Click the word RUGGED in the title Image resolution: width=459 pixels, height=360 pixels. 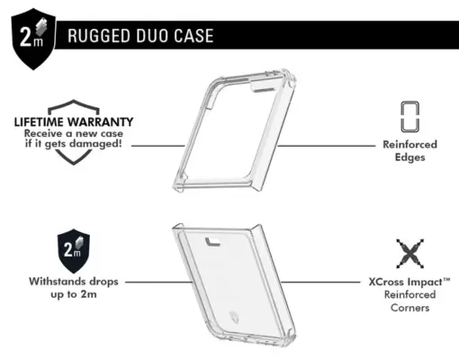tap(100, 36)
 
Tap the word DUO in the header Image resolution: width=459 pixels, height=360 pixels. tap(152, 36)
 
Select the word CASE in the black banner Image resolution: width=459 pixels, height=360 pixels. tap(193, 36)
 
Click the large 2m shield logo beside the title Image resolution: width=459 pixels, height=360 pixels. tap(33, 39)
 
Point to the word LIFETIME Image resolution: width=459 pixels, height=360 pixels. tap(39, 121)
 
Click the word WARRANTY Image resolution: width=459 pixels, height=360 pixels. tap(100, 121)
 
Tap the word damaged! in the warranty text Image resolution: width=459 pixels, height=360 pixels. tap(95, 143)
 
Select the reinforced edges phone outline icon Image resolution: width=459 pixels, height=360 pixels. tap(410, 117)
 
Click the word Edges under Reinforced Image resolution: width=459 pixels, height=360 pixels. tap(409, 157)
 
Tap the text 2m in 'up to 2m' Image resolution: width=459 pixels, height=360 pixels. tap(88, 294)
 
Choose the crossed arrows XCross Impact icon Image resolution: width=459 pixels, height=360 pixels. tap(410, 254)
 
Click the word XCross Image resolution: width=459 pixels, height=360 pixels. tap(386, 282)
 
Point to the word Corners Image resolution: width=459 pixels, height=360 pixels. tap(409, 308)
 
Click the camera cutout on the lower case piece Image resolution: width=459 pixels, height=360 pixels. tap(212, 242)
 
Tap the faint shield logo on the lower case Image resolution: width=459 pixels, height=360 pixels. tap(234, 318)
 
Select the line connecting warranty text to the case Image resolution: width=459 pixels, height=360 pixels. tap(158, 146)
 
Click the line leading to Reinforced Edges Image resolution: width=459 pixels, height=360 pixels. tap(326, 146)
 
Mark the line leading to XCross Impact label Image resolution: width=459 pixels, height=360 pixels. tap(320, 282)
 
